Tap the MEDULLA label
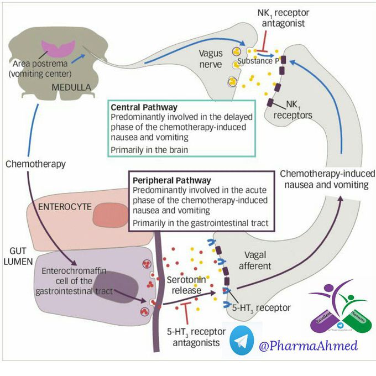point(72,87)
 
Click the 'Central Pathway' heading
point(144,107)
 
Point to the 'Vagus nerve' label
point(210,59)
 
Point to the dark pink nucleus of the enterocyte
point(109,215)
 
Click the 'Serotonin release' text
point(187,286)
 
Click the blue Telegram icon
point(240,340)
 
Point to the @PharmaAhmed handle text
point(307,346)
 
